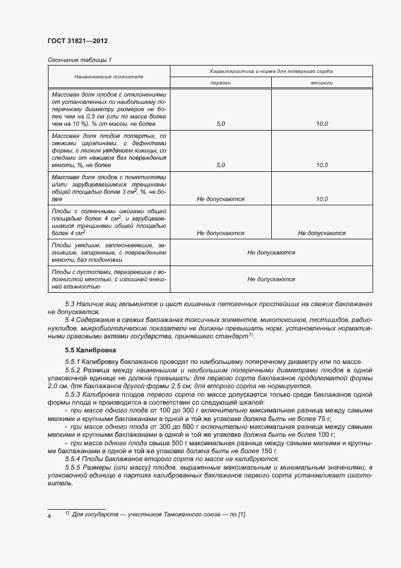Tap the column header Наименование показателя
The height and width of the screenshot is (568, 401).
[x=109, y=78]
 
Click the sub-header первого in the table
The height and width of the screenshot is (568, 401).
[x=220, y=82]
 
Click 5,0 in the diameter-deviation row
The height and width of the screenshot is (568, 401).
[x=220, y=124]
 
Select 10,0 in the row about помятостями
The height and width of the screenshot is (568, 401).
[x=322, y=199]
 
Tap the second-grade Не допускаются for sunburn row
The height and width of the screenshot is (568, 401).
[x=322, y=233]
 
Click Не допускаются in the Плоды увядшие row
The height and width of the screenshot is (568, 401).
[x=271, y=252]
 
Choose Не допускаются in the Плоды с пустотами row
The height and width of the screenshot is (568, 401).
[x=271, y=279]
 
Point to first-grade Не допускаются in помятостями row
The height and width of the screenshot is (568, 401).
[x=220, y=199]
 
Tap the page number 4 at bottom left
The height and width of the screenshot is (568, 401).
[x=49, y=515]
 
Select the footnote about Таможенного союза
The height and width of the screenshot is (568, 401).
[x=159, y=515]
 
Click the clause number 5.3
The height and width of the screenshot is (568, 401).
[x=70, y=303]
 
